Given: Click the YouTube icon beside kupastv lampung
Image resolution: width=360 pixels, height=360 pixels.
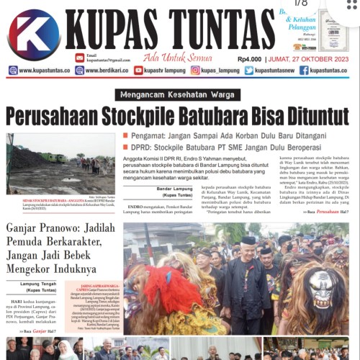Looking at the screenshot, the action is coord(138,71).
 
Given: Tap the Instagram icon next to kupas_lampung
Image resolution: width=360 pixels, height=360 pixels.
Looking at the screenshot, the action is coord(195,71).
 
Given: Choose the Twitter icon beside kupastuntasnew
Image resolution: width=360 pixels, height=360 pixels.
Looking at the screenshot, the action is coord(248,71).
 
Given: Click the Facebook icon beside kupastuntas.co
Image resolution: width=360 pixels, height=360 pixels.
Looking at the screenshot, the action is coord(303,71).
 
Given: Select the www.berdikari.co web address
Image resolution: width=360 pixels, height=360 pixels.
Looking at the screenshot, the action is coord(102,71).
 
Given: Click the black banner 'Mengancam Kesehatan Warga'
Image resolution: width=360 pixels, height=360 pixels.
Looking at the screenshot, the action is coord(179,94).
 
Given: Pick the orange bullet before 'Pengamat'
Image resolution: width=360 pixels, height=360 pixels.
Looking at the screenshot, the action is coord(125,135).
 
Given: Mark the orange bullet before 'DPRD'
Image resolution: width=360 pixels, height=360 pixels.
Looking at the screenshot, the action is coord(125,146).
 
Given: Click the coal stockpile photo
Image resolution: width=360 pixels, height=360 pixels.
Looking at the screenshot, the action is coord(59,163).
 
